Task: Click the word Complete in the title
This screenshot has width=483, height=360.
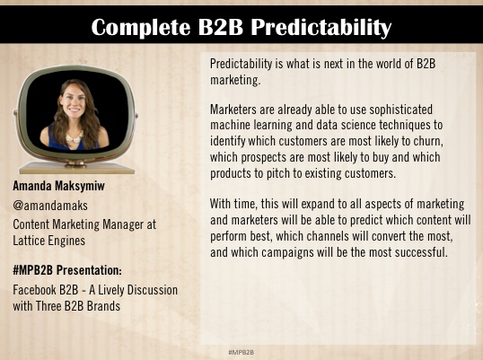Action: point(140,28)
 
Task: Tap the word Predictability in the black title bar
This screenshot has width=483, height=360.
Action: point(321,28)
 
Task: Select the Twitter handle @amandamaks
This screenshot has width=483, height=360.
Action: point(50,206)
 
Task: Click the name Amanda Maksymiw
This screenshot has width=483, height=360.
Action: point(59,186)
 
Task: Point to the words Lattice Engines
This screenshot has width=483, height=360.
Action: point(49,241)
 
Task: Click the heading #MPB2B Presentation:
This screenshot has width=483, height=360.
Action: point(67,270)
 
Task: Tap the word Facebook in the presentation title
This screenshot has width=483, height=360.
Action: point(35,290)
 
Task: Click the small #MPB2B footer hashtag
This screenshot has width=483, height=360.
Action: point(241,352)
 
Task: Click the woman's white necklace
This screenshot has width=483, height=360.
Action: point(75,137)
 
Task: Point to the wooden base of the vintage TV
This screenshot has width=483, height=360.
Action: point(77,168)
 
